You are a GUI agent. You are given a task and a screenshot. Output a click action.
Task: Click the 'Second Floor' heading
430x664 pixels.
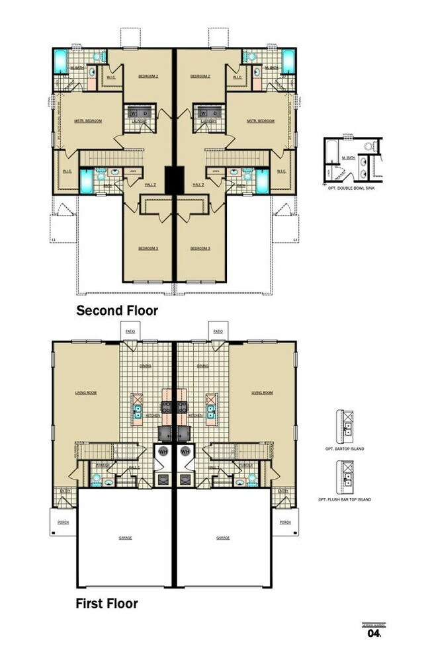[117, 310]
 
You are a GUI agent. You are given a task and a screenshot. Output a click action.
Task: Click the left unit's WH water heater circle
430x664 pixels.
[163, 452]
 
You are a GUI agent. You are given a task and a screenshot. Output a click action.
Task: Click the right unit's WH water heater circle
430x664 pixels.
[186, 452]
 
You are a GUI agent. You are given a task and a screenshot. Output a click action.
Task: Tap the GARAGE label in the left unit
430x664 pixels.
[126, 538]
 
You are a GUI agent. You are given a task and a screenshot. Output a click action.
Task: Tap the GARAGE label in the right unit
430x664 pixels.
[223, 538]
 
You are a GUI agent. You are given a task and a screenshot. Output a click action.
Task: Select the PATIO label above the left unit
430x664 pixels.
[130, 329]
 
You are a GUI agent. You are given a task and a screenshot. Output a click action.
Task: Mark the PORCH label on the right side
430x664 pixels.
[285, 522]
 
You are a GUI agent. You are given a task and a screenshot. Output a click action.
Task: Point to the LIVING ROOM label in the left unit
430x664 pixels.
[87, 393]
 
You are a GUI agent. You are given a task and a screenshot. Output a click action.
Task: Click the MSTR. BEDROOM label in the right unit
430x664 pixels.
[261, 121]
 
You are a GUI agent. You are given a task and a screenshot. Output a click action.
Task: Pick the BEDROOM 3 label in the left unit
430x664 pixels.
[148, 249]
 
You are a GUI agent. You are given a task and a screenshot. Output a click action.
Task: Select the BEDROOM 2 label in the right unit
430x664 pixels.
[200, 77]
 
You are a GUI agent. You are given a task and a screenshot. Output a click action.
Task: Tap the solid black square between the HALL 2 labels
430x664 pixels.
[175, 179]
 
